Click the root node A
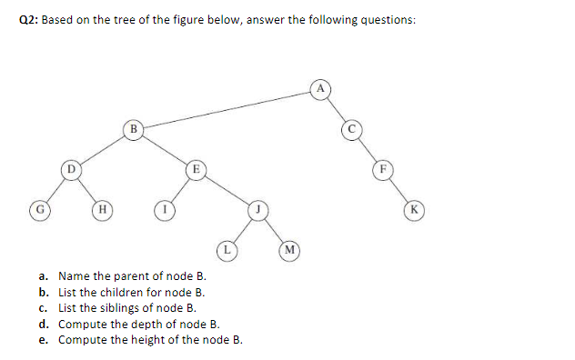click(320, 88)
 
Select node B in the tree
click(134, 129)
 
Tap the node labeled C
click(350, 129)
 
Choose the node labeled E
click(195, 168)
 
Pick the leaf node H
click(102, 209)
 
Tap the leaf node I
click(165, 209)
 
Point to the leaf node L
click(227, 248)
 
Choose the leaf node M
click(288, 248)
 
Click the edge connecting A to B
click(227, 109)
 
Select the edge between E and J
click(227, 189)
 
